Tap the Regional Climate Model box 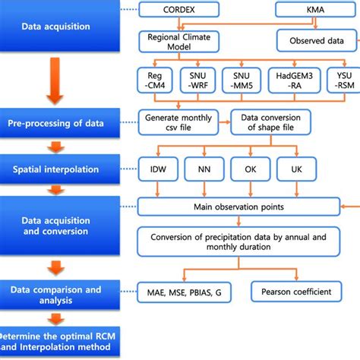click(178, 41)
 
